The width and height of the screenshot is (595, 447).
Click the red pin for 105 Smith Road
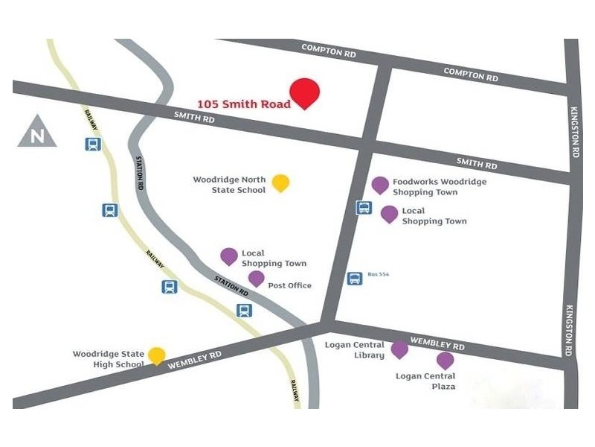click(304, 92)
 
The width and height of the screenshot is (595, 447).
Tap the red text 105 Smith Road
click(244, 104)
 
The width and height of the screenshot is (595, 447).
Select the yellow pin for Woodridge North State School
click(280, 182)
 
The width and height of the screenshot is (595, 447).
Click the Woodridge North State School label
click(229, 185)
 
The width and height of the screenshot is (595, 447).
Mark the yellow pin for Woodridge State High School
click(156, 355)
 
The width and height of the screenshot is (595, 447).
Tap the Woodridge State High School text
click(109, 359)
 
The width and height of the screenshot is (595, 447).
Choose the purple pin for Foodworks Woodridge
click(380, 185)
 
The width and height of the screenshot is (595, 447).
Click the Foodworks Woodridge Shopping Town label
click(440, 187)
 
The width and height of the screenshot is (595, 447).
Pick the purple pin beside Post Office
click(256, 279)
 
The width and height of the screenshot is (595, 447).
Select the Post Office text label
click(290, 285)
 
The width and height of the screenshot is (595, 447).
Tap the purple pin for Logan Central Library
click(399, 349)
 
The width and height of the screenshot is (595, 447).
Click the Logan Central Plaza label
click(425, 381)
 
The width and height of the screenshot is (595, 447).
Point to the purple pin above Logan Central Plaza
click(445, 361)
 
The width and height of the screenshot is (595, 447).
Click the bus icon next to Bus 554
click(355, 279)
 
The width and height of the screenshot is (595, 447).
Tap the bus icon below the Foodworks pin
click(363, 208)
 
